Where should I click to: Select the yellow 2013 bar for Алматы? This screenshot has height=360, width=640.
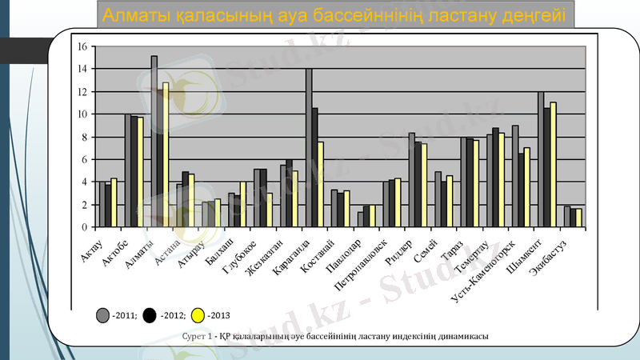166,155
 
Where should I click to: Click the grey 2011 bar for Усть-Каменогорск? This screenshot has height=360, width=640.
515,176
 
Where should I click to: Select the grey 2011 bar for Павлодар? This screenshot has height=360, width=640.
361,219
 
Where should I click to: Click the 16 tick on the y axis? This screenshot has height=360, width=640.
82,46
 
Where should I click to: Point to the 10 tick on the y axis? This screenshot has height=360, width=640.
82,114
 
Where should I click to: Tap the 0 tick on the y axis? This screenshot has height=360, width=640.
84,227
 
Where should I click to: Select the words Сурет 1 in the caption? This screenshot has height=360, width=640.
196,338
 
